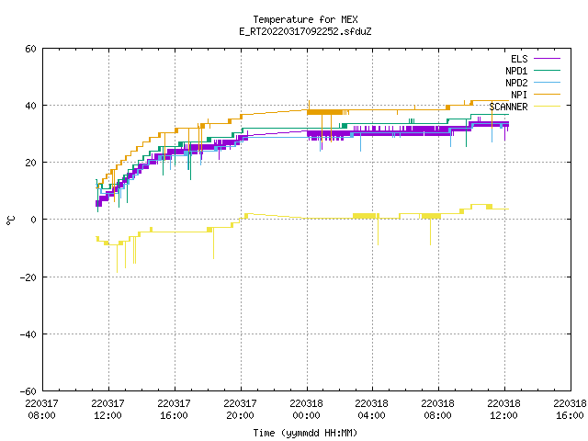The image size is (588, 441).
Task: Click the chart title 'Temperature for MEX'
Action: click(x=305, y=19)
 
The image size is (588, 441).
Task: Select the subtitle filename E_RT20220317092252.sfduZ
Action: click(x=305, y=31)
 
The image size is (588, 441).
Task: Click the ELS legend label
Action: click(x=519, y=59)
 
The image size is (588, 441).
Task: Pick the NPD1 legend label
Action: click(x=516, y=71)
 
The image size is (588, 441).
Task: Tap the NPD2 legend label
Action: click(x=516, y=83)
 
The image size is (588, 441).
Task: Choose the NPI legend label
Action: click(x=519, y=95)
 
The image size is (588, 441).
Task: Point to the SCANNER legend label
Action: click(x=508, y=107)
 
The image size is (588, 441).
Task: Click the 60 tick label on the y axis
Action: click(x=30, y=49)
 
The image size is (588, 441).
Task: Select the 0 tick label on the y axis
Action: click(x=34, y=220)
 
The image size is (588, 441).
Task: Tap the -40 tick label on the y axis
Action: click(x=28, y=334)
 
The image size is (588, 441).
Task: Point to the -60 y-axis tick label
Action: click(x=28, y=391)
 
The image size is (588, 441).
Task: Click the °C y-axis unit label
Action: click(x=10, y=220)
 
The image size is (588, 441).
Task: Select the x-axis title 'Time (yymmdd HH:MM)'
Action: click(x=305, y=433)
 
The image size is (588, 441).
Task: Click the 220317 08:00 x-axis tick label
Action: click(x=42, y=410)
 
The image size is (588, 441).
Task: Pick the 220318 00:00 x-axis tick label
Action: click(x=307, y=410)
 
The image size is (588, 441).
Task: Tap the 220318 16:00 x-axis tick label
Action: click(x=571, y=410)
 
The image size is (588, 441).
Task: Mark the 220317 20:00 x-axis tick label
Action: click(x=241, y=410)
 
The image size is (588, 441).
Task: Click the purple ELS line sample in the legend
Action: click(x=547, y=59)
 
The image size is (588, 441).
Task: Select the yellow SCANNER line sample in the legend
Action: click(x=547, y=107)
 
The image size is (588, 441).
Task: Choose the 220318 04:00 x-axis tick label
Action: click(x=372, y=410)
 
